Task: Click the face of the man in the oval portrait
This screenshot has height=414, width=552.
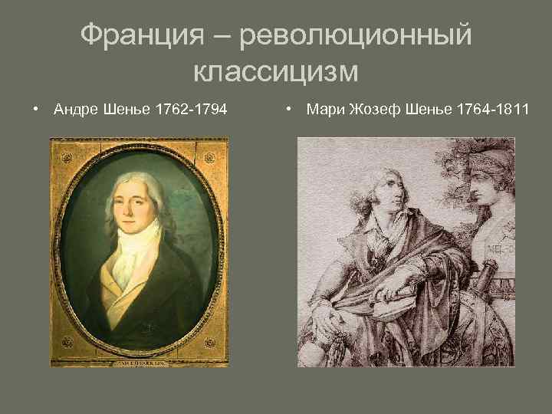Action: [135, 203]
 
